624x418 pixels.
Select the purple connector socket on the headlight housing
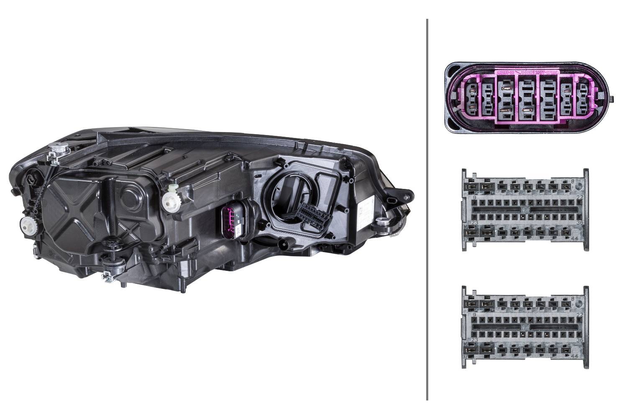pyautogui.click(x=228, y=222)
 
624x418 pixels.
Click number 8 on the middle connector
pyautogui.click(x=573, y=181)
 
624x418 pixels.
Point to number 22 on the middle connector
pyautogui.click(x=579, y=197)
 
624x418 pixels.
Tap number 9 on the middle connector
pyautogui.click(x=474, y=197)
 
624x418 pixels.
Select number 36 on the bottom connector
pyautogui.click(x=579, y=340)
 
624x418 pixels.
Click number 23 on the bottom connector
pyautogui.click(x=474, y=340)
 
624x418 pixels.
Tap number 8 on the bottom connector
pyautogui.click(x=573, y=298)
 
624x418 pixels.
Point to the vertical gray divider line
pyautogui.click(x=427, y=209)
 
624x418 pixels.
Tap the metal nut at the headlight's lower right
pyautogui.click(x=381, y=221)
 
